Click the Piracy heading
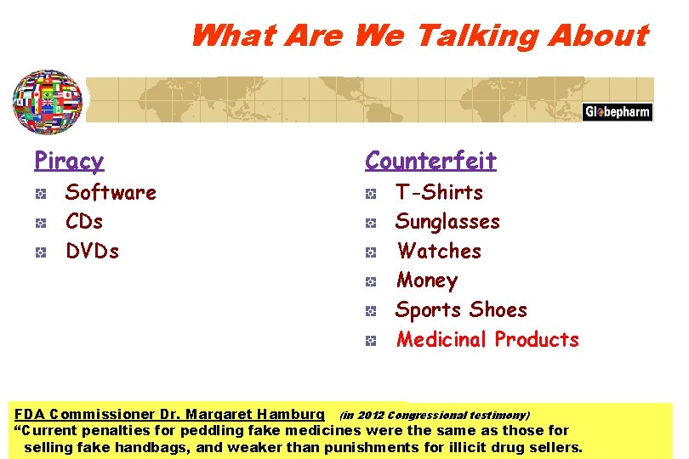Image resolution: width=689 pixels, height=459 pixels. tap(69, 161)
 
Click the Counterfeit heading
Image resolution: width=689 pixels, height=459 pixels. tap(430, 161)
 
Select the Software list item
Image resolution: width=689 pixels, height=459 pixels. tap(111, 193)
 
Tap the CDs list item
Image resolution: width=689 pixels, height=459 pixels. tap(84, 222)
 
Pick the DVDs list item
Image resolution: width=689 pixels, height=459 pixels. tap(92, 252)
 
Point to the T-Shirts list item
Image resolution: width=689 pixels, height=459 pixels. tap(439, 193)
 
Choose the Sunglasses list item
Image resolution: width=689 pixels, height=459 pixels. tap(447, 222)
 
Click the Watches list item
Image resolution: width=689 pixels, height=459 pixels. tap(439, 252)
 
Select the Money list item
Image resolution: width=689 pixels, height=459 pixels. tap(427, 280)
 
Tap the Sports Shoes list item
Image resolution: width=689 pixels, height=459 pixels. tap(461, 310)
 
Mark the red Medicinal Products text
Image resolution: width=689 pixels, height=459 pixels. tap(487, 340)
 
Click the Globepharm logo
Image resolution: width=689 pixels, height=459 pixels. tap(618, 112)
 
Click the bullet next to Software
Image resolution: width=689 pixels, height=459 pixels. tap(41, 195)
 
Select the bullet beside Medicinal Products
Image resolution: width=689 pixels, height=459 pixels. tap(371, 342)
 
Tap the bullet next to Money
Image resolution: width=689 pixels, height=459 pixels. tap(371, 282)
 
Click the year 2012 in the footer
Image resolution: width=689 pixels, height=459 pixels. tap(371, 416)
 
